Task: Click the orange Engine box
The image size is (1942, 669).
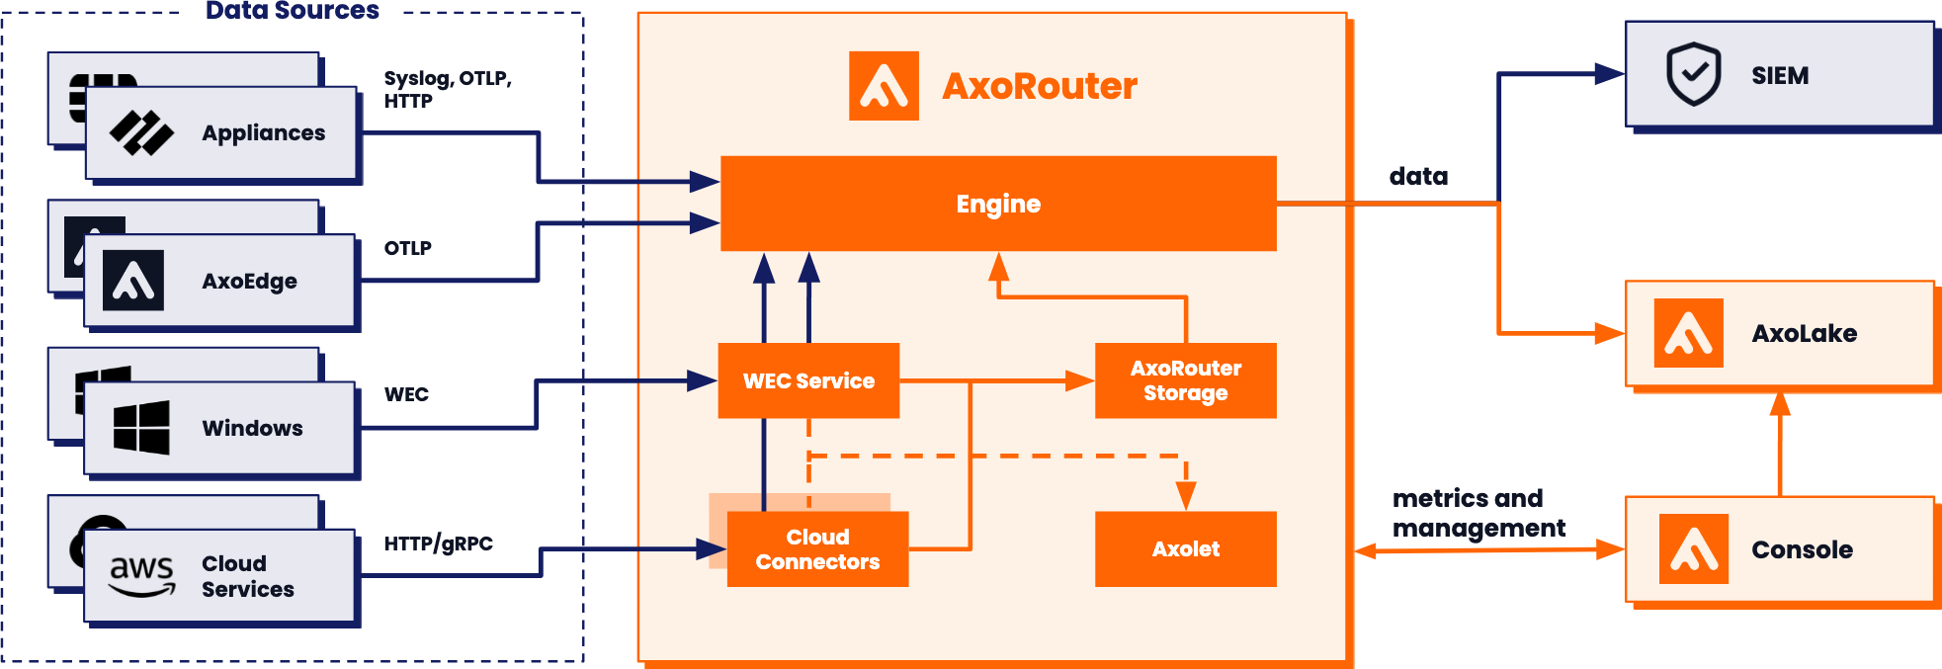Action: tap(998, 204)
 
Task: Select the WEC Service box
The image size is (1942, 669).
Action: tap(808, 380)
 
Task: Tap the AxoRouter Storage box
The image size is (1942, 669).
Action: tap(1185, 380)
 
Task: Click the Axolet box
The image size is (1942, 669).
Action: tap(1185, 548)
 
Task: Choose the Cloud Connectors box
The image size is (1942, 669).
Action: tap(817, 549)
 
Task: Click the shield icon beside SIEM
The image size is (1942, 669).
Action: tap(1694, 74)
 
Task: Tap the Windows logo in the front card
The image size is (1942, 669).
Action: tap(141, 427)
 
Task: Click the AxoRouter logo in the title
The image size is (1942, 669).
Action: tap(884, 86)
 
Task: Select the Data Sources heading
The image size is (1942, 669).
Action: tap(292, 11)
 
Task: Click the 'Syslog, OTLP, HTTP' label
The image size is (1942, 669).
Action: tap(447, 89)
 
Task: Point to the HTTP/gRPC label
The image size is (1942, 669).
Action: tap(438, 544)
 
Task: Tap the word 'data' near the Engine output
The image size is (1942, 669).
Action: tap(1418, 176)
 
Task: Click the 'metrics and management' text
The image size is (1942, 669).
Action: tap(1478, 513)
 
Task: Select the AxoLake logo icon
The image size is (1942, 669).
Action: tap(1688, 333)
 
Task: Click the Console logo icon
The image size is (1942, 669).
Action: tap(1693, 548)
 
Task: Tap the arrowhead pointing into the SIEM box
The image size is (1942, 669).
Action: tap(1609, 73)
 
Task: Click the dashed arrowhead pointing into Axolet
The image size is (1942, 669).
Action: tap(1185, 495)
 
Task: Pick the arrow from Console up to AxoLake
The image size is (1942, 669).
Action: tap(1780, 445)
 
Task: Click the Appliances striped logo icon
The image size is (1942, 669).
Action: tap(141, 132)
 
